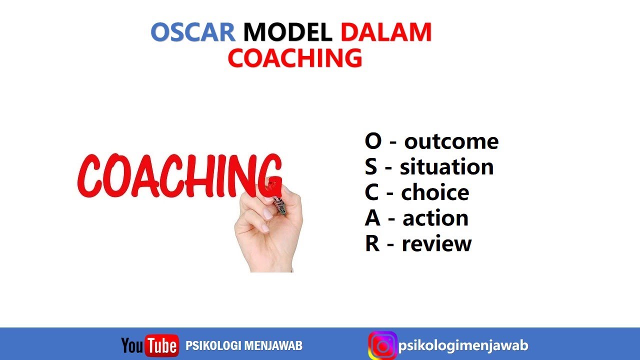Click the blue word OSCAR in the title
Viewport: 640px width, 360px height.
pos(192,32)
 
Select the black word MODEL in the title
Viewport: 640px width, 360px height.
pos(287,32)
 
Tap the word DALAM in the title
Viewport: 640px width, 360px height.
pos(386,32)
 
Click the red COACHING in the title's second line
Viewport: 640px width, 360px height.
pos(295,58)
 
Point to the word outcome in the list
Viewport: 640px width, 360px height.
pos(451,141)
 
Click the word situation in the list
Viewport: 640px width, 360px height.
pos(446,167)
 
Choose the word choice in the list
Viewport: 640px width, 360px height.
pos(435,193)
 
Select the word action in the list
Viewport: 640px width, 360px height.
pos(435,218)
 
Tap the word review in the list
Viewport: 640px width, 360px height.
pos(436,244)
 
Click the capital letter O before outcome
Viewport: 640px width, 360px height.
pos(373,141)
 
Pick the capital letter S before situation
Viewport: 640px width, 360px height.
pos(370,167)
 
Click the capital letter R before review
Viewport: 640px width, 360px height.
pos(372,244)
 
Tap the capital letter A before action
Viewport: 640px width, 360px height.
pos(372,218)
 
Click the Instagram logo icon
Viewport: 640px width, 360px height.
pos(382,345)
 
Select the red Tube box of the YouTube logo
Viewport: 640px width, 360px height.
pos(161,346)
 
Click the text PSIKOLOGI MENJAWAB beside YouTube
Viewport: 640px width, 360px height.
pos(244,345)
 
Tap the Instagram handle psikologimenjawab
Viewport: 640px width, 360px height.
pos(463,345)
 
